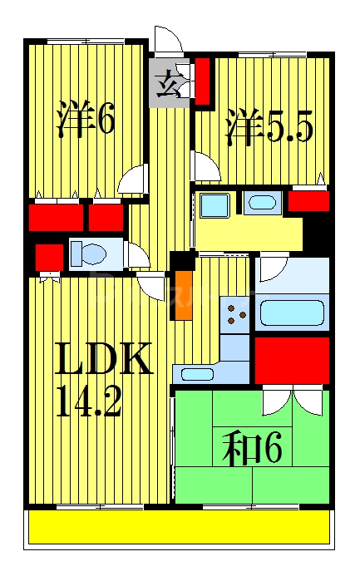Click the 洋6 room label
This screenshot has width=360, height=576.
click(85, 120)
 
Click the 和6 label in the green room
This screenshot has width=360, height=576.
click(252, 450)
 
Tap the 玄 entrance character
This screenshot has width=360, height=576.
click(168, 83)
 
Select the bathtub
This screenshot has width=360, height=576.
click(291, 313)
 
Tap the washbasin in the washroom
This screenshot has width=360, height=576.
click(263, 202)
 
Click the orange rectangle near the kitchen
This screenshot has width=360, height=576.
click(182, 295)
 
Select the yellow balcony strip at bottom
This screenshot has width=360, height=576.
click(179, 527)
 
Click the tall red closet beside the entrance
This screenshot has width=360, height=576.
click(202, 81)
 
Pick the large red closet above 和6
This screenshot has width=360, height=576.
click(291, 360)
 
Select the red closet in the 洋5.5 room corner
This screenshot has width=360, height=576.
click(308, 200)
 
